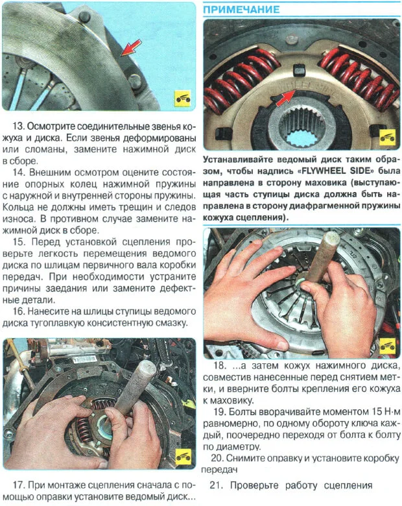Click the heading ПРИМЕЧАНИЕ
[242, 10]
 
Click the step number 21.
[217, 485]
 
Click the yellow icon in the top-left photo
[182, 99]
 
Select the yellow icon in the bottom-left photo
[182, 457]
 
